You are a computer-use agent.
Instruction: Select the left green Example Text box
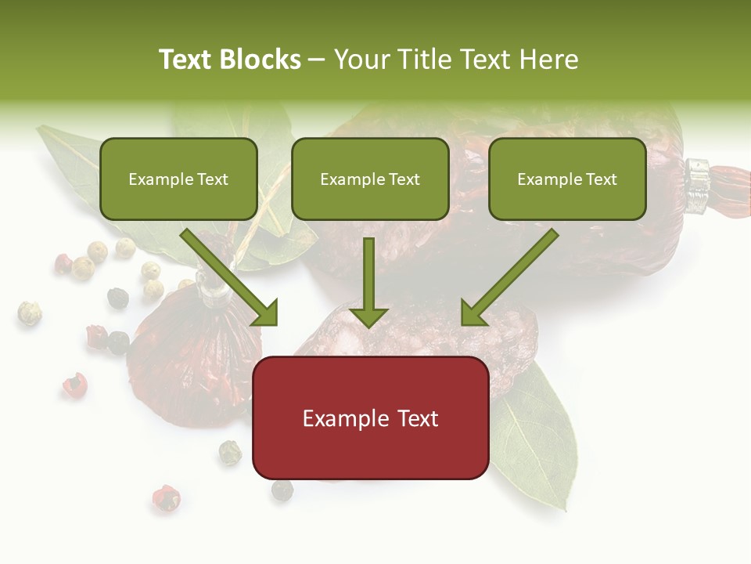tap(178, 179)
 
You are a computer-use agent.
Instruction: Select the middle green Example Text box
tap(370, 179)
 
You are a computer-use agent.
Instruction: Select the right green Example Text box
tap(567, 179)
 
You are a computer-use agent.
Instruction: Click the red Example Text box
tap(370, 418)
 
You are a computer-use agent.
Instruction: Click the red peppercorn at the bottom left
tap(165, 497)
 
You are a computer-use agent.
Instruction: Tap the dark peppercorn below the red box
tap(282, 490)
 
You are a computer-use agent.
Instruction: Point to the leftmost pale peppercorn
tap(29, 313)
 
